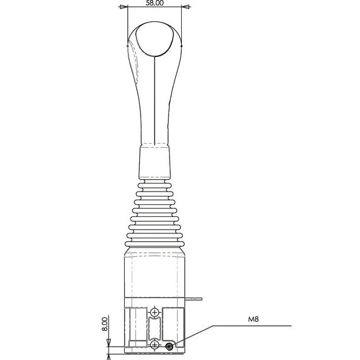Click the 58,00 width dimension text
pos(155,4)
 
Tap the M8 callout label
pos(253,318)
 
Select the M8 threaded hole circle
pos(169,346)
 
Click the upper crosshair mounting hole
pos(155,312)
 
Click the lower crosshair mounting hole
pos(155,345)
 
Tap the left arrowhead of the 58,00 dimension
pos(124,7)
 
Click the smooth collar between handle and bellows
pos(155,161)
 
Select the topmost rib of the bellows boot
pos(155,180)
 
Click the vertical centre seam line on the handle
pos(156,97)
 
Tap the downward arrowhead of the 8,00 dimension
pos(108,343)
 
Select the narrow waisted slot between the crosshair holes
pos(155,329)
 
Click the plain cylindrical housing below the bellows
pos(155,273)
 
